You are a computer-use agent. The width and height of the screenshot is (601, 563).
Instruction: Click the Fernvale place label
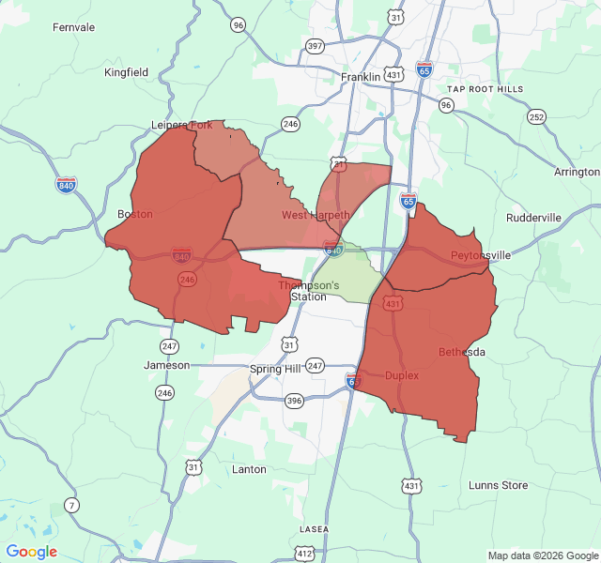[74, 27]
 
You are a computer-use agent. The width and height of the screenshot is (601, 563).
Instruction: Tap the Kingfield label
[127, 71]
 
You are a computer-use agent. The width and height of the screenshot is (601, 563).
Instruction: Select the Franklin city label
[361, 77]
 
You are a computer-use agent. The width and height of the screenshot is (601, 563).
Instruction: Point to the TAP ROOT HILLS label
[485, 88]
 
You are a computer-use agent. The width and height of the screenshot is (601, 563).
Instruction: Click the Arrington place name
[577, 173]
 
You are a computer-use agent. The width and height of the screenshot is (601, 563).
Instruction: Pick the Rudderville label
[533, 218]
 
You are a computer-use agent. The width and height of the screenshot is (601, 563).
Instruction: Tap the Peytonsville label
[481, 255]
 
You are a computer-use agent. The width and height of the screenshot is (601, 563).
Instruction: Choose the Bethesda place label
[462, 352]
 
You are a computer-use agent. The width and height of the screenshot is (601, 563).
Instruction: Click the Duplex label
[402, 375]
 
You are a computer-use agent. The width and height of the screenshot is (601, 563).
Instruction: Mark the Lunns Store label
[498, 485]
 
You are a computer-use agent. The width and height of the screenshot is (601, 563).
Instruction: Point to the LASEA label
[314, 529]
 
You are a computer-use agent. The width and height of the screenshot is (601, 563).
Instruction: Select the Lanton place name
[249, 469]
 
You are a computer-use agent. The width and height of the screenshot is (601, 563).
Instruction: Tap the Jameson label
[166, 365]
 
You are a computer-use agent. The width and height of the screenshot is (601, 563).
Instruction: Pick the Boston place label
[135, 214]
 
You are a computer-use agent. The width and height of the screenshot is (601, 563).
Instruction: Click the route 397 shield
[315, 45]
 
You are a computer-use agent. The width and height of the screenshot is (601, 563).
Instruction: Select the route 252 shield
[536, 117]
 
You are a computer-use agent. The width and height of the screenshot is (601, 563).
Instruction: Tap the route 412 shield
[305, 554]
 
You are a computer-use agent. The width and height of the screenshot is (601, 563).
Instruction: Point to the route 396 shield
[294, 402]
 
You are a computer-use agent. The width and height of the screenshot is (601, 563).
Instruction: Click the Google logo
[32, 552]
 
